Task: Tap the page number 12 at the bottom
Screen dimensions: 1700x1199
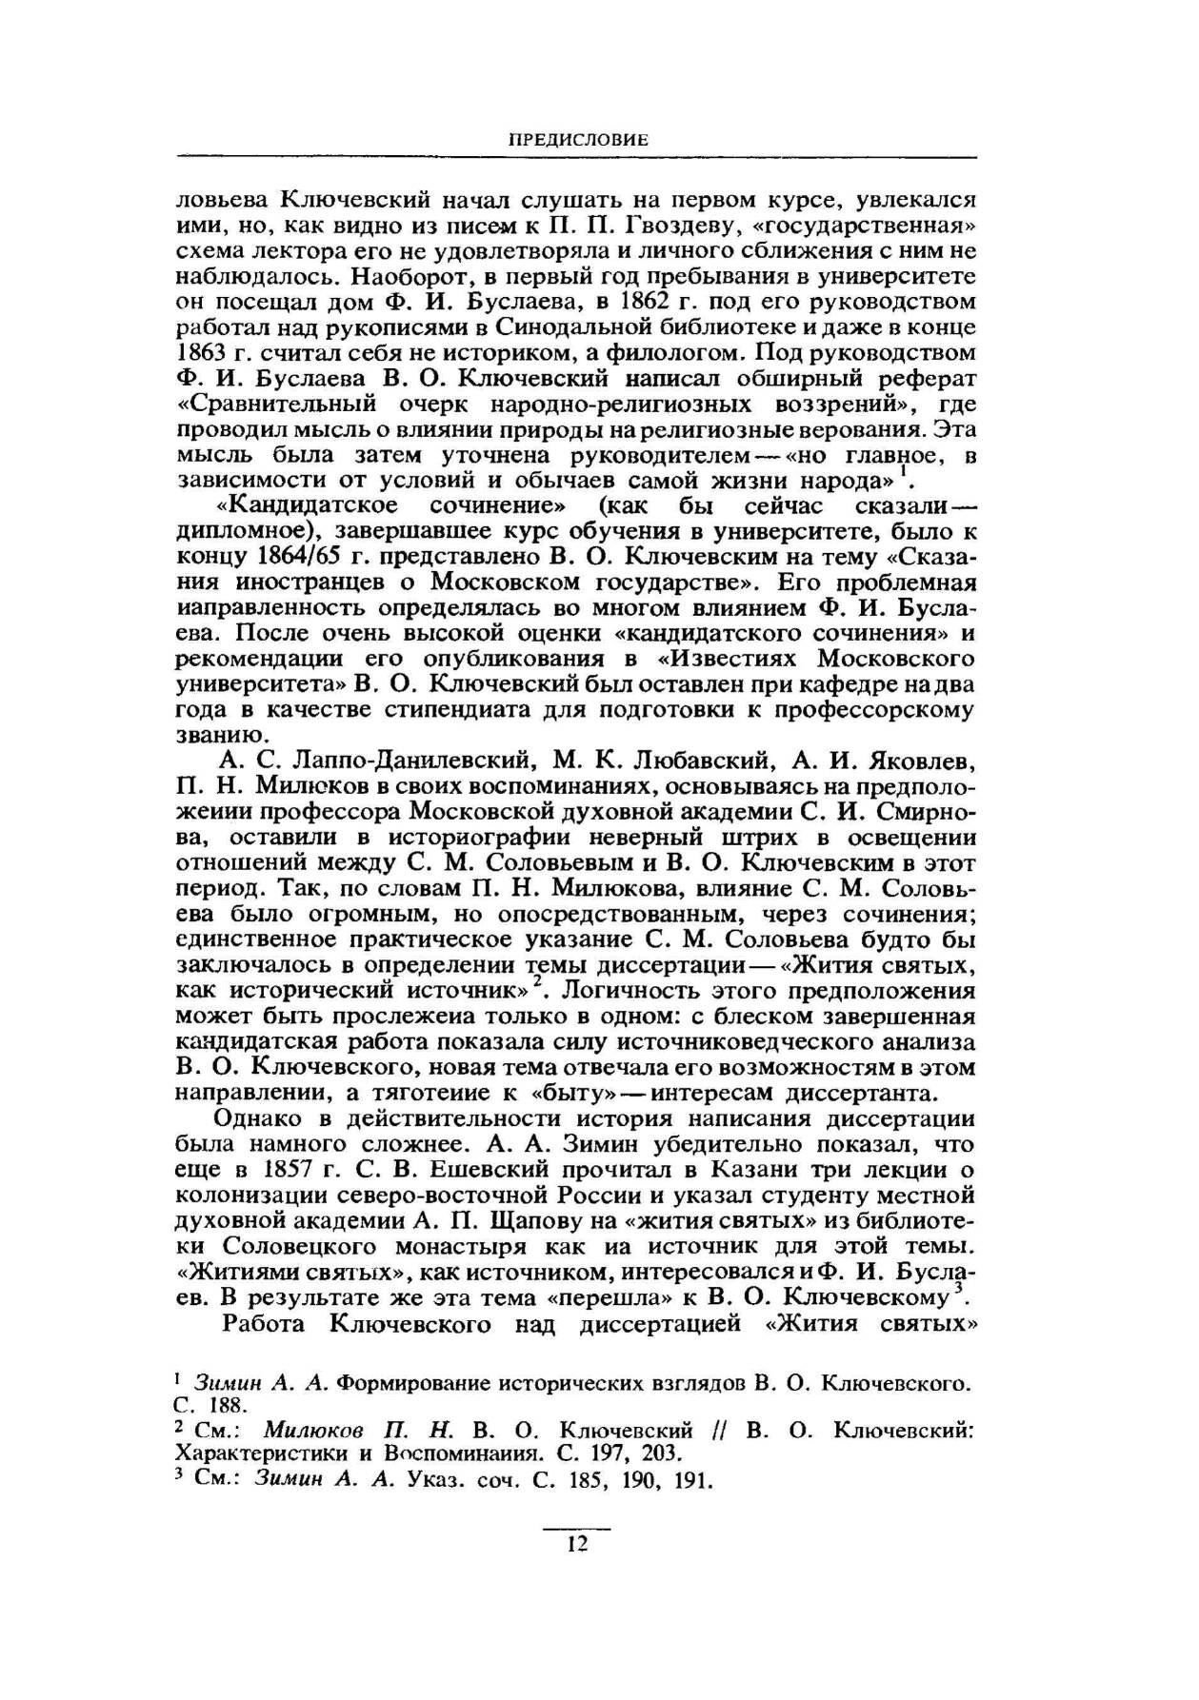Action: pos(577,1543)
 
